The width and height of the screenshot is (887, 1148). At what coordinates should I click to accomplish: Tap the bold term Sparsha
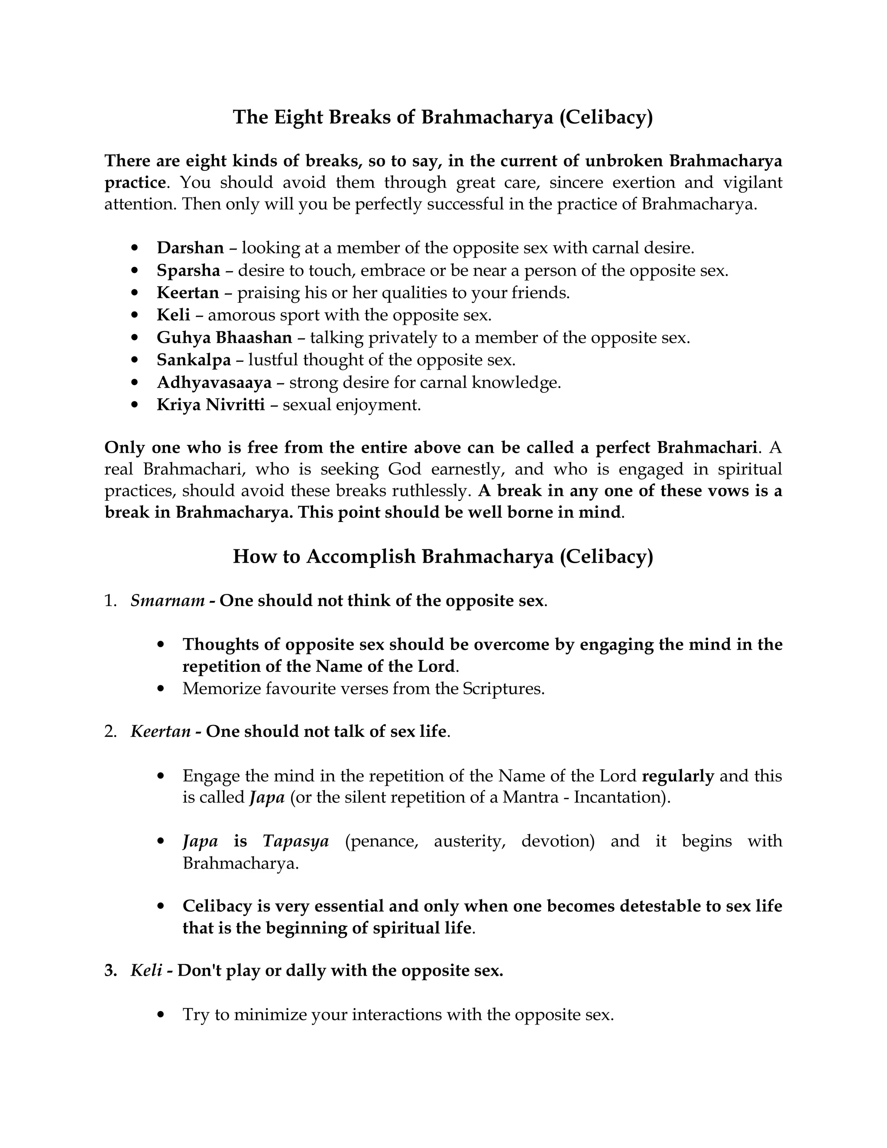tap(188, 270)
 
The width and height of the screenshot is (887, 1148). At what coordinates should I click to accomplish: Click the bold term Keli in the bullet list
tap(173, 315)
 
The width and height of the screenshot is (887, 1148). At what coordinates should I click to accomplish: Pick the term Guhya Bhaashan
tap(224, 337)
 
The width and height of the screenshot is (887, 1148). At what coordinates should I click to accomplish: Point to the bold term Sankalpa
tap(194, 360)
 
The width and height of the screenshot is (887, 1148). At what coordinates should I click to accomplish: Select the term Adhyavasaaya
tap(214, 382)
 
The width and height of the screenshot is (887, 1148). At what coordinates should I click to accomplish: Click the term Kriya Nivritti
tap(211, 405)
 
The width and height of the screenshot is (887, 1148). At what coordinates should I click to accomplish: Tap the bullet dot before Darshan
tap(136, 248)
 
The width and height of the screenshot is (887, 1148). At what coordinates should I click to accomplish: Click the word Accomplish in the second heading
tap(361, 556)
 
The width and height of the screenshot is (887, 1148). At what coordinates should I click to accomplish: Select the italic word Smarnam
tap(168, 600)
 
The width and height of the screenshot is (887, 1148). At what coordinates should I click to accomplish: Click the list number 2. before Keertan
tap(110, 731)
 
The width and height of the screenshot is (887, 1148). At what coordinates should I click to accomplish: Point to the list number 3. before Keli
tap(110, 970)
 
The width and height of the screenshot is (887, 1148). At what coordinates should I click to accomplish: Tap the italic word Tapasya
tap(296, 841)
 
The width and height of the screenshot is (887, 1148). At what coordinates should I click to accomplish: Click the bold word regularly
tap(678, 776)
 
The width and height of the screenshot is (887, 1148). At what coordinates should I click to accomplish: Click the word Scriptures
tap(503, 689)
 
